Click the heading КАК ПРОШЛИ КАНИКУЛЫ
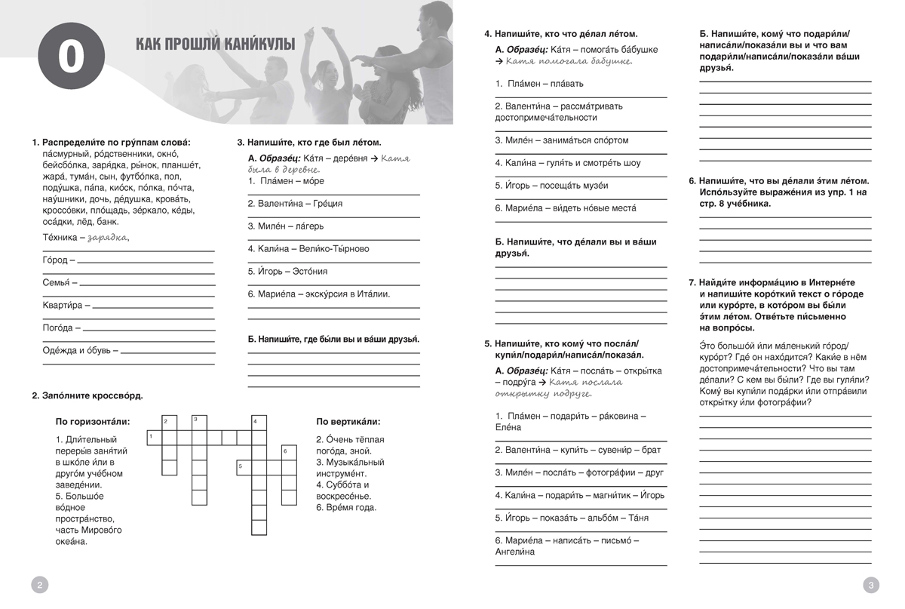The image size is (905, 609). click(x=215, y=44)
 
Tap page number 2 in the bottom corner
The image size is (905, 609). click(x=40, y=584)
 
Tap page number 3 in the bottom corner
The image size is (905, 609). click(x=870, y=584)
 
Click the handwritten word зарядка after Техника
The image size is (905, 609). click(x=108, y=238)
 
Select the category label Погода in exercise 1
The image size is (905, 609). click(x=58, y=328)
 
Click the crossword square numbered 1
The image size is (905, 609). click(x=154, y=438)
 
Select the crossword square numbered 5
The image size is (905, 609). click(x=244, y=467)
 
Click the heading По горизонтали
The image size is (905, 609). click(x=93, y=422)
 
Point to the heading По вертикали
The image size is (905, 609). click(x=348, y=422)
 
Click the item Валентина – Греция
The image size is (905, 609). click(x=295, y=204)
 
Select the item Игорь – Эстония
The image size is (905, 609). click(x=287, y=272)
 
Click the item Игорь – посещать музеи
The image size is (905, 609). click(x=551, y=186)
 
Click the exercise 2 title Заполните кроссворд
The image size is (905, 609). click(x=87, y=395)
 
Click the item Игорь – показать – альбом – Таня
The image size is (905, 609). click(x=572, y=518)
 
